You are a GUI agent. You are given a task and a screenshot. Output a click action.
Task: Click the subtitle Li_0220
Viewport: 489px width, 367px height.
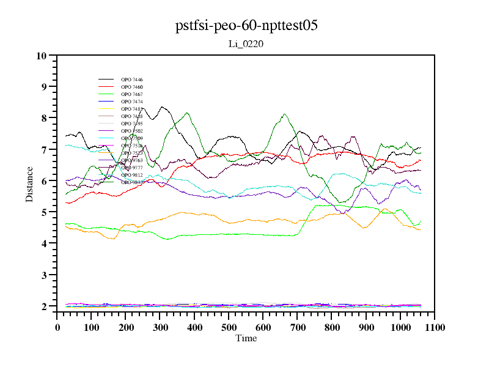tap(246, 44)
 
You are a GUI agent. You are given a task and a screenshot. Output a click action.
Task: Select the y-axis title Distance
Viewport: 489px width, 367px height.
tap(29, 183)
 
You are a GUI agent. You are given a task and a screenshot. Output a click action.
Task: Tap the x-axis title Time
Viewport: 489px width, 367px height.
tap(246, 338)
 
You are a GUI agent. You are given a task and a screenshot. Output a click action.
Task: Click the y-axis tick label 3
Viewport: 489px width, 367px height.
tap(44, 275)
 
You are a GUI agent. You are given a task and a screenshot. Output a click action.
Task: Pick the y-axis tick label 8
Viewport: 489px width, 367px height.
tap(44, 118)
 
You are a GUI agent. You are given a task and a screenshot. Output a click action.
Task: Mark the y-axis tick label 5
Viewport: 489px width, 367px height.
tap(44, 212)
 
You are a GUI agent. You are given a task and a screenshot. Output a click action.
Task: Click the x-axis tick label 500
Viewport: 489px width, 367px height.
tap(229, 327)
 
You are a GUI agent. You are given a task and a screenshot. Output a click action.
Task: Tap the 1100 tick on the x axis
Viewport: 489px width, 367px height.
tap(435, 327)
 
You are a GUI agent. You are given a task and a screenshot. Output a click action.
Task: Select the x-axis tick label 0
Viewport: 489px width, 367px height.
tap(57, 327)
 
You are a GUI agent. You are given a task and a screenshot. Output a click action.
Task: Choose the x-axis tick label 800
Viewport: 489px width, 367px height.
tap(332, 327)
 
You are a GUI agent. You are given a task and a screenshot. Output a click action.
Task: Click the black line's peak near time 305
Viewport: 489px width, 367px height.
tap(163, 107)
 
